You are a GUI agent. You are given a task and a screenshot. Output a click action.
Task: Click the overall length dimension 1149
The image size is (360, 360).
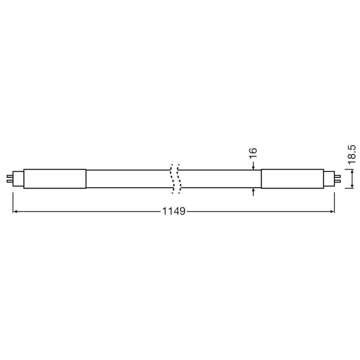pyautogui.click(x=174, y=211)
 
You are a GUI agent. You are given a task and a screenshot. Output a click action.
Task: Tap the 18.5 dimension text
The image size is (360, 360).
pyautogui.click(x=352, y=155)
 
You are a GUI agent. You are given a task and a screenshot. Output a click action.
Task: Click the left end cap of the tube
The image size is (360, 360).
pyautogui.click(x=55, y=179)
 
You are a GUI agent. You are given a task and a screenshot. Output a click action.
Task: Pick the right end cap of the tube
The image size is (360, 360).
pyautogui.click(x=293, y=179)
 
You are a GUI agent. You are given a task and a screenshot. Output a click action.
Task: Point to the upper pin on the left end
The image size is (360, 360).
pyautogui.click(x=9, y=176)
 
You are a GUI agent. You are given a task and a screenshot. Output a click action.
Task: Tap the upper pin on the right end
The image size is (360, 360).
pyautogui.click(x=338, y=176)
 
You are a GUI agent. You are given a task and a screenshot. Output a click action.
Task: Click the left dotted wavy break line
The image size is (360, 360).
pyautogui.click(x=172, y=179)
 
